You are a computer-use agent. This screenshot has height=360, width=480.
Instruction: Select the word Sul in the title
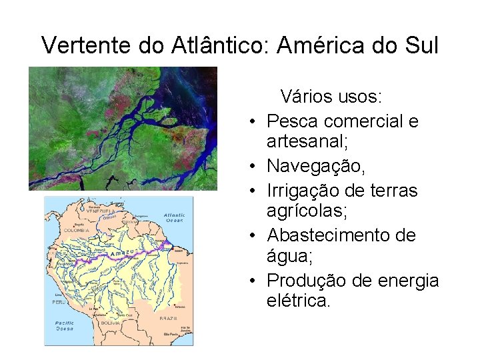pos(419,45)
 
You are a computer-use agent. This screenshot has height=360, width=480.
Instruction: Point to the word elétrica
pos(297,301)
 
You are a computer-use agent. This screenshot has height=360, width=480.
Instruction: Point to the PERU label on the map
pos(59,302)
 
